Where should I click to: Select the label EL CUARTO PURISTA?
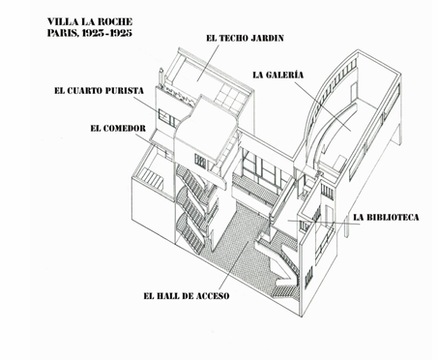99,91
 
